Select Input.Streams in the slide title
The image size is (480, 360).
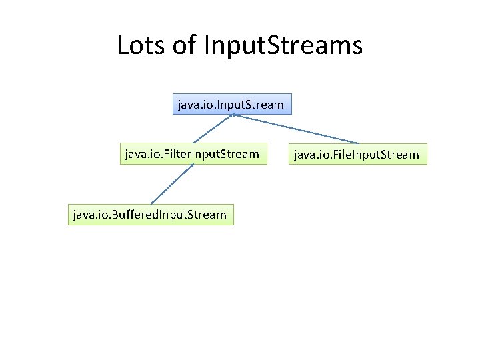pyautogui.click(x=283, y=45)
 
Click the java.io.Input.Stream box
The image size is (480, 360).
pyautogui.click(x=231, y=104)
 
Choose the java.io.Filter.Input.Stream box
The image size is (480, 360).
pyautogui.click(x=191, y=154)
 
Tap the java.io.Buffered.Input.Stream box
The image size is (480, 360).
pyautogui.click(x=151, y=215)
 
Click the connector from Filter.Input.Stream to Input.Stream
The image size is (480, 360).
pyautogui.click(x=212, y=129)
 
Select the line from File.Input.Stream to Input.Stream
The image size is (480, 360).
pyautogui.click(x=297, y=129)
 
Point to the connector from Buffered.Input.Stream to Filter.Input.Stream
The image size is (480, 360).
pyautogui.click(x=171, y=184)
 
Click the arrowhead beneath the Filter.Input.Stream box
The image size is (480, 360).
pyautogui.click(x=192, y=166)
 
